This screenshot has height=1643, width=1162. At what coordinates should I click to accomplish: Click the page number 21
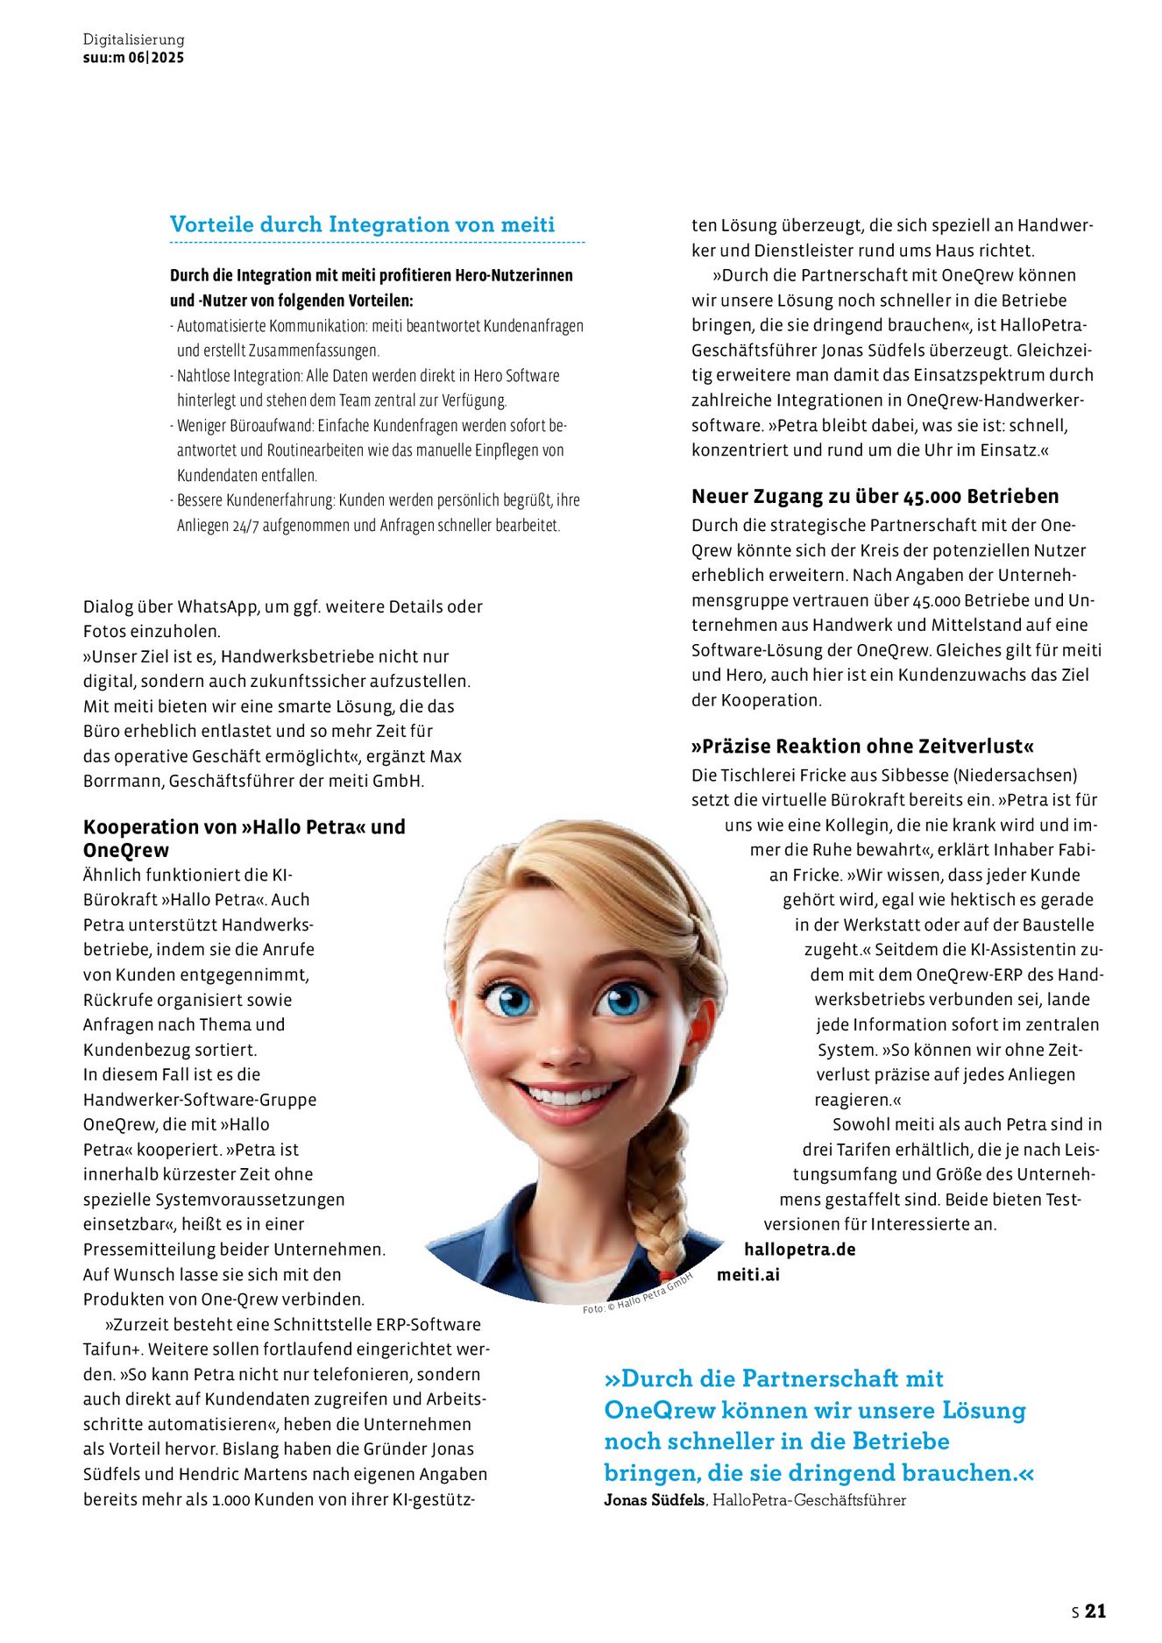click(1095, 1611)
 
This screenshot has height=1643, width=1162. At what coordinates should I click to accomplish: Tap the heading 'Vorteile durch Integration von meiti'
click(362, 224)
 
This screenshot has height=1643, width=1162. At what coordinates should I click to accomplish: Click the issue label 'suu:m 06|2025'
click(133, 58)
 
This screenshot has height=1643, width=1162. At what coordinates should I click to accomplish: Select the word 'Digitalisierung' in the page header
click(133, 39)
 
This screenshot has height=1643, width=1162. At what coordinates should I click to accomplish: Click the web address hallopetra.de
click(799, 1250)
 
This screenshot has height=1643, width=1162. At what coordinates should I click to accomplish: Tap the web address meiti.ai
click(748, 1275)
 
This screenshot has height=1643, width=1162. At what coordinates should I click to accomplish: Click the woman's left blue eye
click(623, 998)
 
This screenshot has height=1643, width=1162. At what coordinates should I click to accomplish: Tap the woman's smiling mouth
click(569, 1096)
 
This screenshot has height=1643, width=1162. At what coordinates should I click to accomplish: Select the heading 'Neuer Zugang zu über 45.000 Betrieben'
click(875, 496)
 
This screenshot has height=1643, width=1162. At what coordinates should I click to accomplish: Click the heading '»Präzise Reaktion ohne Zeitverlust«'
click(862, 747)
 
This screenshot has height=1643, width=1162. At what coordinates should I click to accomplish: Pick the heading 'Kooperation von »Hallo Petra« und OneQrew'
click(244, 838)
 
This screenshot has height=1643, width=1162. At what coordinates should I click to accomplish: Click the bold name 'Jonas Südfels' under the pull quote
click(654, 1500)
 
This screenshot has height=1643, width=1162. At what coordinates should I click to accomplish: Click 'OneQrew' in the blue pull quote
click(660, 1410)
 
